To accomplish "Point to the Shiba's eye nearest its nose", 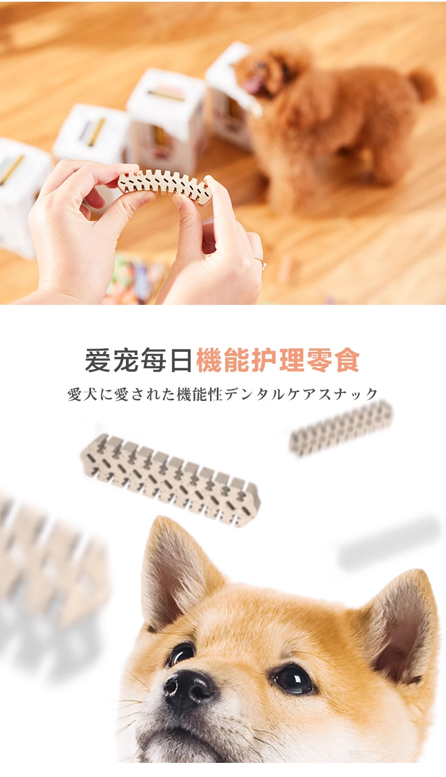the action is [x=181, y=653].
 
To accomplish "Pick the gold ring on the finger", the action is [x=260, y=262].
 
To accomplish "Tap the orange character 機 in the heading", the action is [x=209, y=360].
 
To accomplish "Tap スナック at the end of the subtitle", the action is [x=349, y=394].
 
